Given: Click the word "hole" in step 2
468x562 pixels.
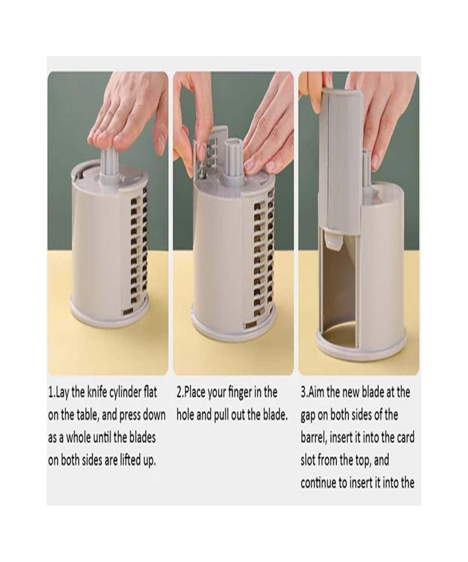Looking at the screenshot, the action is [x=185, y=415].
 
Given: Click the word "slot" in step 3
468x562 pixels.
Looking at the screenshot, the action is [x=307, y=460].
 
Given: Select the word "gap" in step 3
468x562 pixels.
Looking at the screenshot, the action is [x=307, y=416].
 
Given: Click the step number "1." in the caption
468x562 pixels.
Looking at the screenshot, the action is [x=51, y=392].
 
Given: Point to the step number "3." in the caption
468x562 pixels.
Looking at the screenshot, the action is [x=304, y=392].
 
